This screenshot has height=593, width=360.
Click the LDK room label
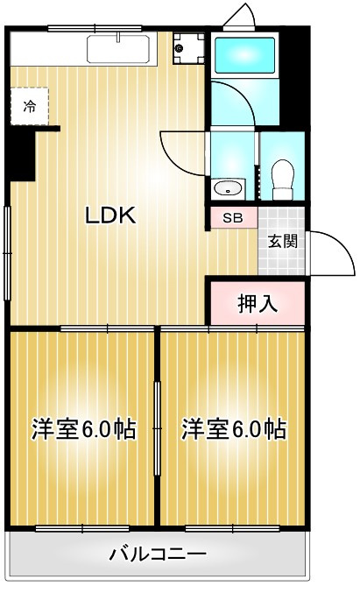coord(110,215)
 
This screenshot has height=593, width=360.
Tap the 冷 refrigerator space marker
coord(30,106)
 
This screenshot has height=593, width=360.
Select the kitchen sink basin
coord(118,49)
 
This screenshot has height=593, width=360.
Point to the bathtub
coord(244,55)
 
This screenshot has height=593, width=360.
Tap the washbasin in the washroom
coord(228,188)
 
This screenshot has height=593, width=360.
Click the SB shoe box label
coord(233,218)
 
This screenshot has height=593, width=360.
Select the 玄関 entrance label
coord(282,241)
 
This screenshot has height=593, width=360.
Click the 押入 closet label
coord(258,302)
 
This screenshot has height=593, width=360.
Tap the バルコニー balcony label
coord(158,554)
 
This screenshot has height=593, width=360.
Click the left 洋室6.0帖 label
coord(83,428)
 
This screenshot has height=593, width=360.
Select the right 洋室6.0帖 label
coord(234,428)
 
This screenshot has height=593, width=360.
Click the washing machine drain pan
coord(188,48)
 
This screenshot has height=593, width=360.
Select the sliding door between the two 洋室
coord(158,428)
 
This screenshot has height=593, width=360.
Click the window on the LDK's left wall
coord(7,253)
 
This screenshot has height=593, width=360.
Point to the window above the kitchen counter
coord(95,28)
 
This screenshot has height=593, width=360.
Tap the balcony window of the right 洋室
coord(233,528)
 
